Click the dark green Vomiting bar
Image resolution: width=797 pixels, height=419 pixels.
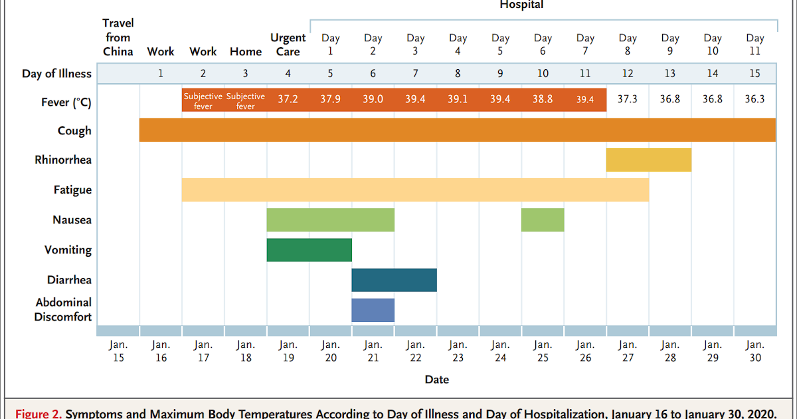tap(309, 250)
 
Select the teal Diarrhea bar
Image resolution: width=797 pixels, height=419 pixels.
tap(394, 280)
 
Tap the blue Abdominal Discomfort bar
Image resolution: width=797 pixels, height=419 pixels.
tap(373, 310)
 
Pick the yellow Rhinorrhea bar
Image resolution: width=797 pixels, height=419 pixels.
tap(648, 160)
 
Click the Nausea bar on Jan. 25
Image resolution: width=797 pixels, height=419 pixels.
tap(543, 220)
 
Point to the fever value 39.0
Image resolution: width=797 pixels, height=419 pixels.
tap(373, 99)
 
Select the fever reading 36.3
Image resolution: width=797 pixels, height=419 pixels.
tap(754, 99)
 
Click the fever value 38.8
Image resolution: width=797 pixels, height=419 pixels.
tap(543, 99)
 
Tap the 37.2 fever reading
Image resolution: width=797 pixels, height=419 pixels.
tap(288, 99)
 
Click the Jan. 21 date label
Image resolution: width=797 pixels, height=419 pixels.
tap(373, 351)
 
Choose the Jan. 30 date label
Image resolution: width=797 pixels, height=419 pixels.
tap(754, 351)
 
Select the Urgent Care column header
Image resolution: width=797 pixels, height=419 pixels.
tap(288, 45)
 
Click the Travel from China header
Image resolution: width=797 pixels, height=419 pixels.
tap(118, 38)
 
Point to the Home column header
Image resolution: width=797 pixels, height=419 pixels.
tap(245, 51)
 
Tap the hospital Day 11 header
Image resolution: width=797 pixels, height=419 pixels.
tap(754, 45)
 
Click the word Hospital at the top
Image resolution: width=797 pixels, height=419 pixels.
tap(521, 5)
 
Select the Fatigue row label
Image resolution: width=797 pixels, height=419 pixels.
tap(72, 190)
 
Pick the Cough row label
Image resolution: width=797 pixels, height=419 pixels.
tap(74, 130)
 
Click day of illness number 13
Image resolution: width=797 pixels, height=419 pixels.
tap(669, 73)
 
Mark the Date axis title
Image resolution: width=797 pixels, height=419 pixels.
tap(436, 380)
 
